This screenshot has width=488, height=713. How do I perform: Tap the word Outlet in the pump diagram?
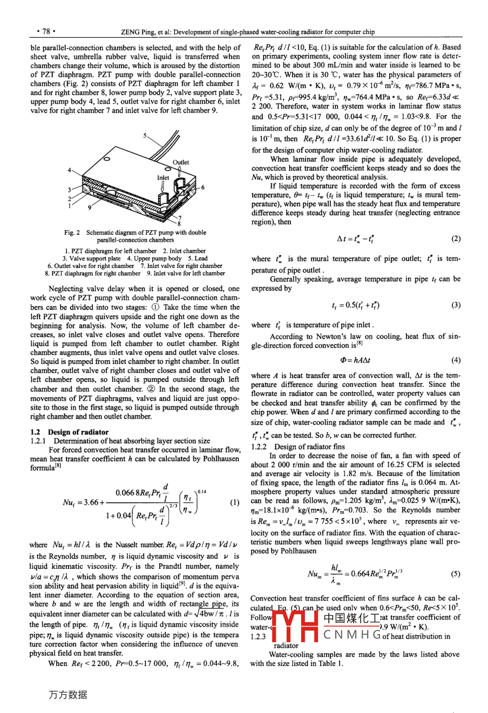[x=181, y=162]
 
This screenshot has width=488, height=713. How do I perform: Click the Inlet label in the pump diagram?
[x=163, y=177]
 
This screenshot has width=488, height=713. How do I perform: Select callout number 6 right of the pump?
[x=203, y=187]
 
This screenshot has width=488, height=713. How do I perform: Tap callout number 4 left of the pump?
[x=69, y=170]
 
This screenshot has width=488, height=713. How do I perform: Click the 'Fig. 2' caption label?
[x=72, y=233]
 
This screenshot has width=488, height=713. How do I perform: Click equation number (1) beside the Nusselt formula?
[x=234, y=502]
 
